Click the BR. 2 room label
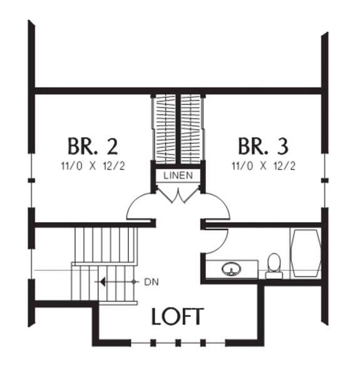(x=93, y=146)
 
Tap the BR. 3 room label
(x=264, y=146)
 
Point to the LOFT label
(x=178, y=316)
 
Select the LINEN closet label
(x=178, y=175)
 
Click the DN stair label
(x=152, y=282)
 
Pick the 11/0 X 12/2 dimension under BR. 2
(x=93, y=166)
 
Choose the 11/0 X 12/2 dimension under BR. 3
(x=264, y=166)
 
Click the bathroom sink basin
(x=232, y=269)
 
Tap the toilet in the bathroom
(x=274, y=266)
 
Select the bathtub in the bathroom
(x=306, y=253)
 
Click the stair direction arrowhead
(x=103, y=282)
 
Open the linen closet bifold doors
(x=178, y=196)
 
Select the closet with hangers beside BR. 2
(x=165, y=129)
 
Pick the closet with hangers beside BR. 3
(x=192, y=129)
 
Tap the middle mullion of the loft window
(x=178, y=343)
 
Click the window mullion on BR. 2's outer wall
(x=31, y=180)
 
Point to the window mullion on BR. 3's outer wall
(x=325, y=180)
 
